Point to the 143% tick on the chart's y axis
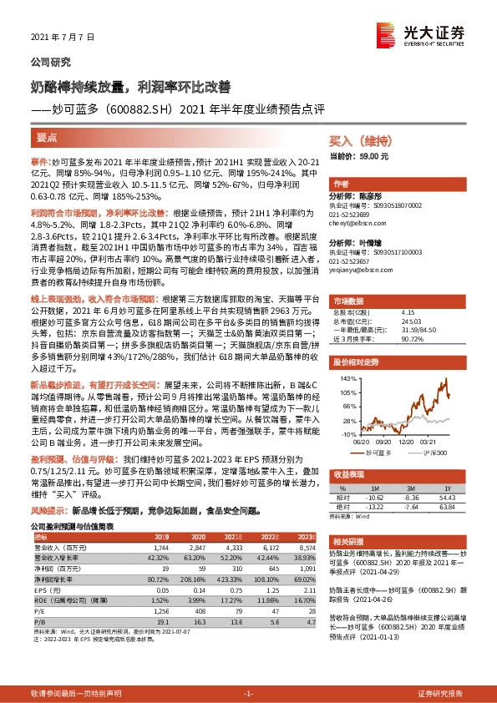pyautogui.click(x=347, y=379)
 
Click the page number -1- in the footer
pyautogui.click(x=248, y=694)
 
